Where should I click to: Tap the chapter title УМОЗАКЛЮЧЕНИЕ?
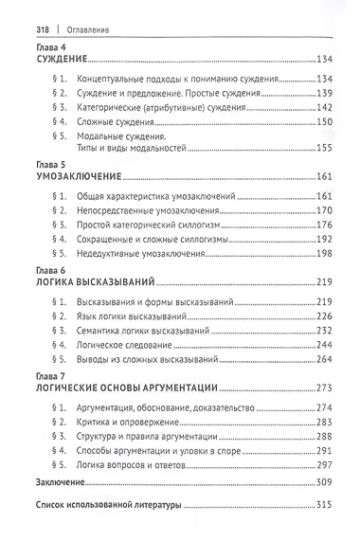[80, 177]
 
